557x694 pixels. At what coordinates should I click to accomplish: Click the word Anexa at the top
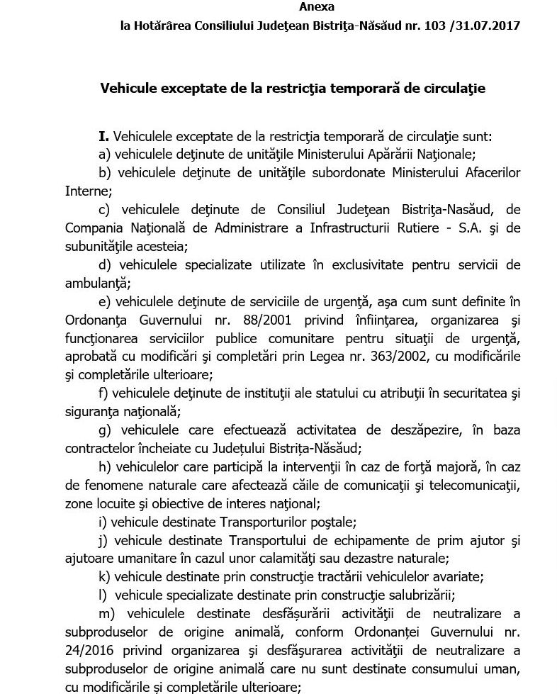tap(317, 6)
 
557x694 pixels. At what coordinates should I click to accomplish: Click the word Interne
tap(88, 191)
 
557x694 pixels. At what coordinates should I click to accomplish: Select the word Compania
tap(92, 228)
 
